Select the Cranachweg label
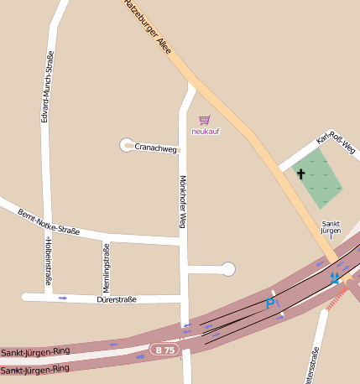click(x=156, y=149)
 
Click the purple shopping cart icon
click(x=205, y=120)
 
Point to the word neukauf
click(x=206, y=131)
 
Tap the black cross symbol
click(x=300, y=174)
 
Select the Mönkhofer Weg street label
click(x=182, y=202)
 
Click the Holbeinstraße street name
click(x=48, y=262)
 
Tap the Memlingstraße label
click(x=106, y=267)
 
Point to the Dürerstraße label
click(x=116, y=298)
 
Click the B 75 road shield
click(x=166, y=349)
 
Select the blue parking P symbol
click(x=270, y=304)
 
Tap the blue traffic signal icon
click(x=336, y=276)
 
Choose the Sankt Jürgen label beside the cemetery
click(x=331, y=227)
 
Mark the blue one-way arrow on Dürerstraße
click(x=63, y=298)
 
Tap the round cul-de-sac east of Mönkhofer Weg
click(x=227, y=269)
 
